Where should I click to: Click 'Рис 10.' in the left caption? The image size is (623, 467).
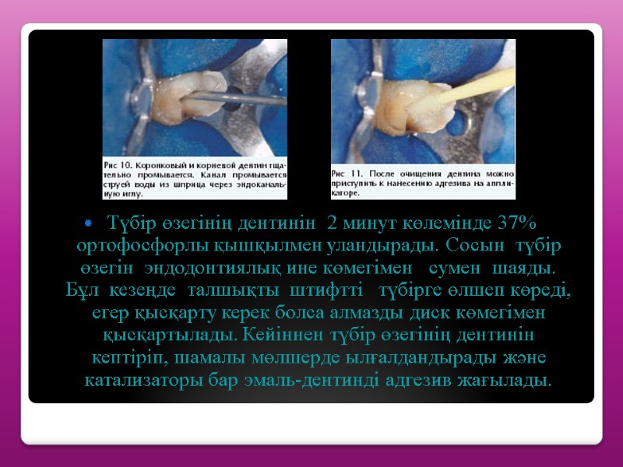(x=119, y=167)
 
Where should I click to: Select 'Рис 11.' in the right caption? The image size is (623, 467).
(x=346, y=172)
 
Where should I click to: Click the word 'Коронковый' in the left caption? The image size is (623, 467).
(x=164, y=167)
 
